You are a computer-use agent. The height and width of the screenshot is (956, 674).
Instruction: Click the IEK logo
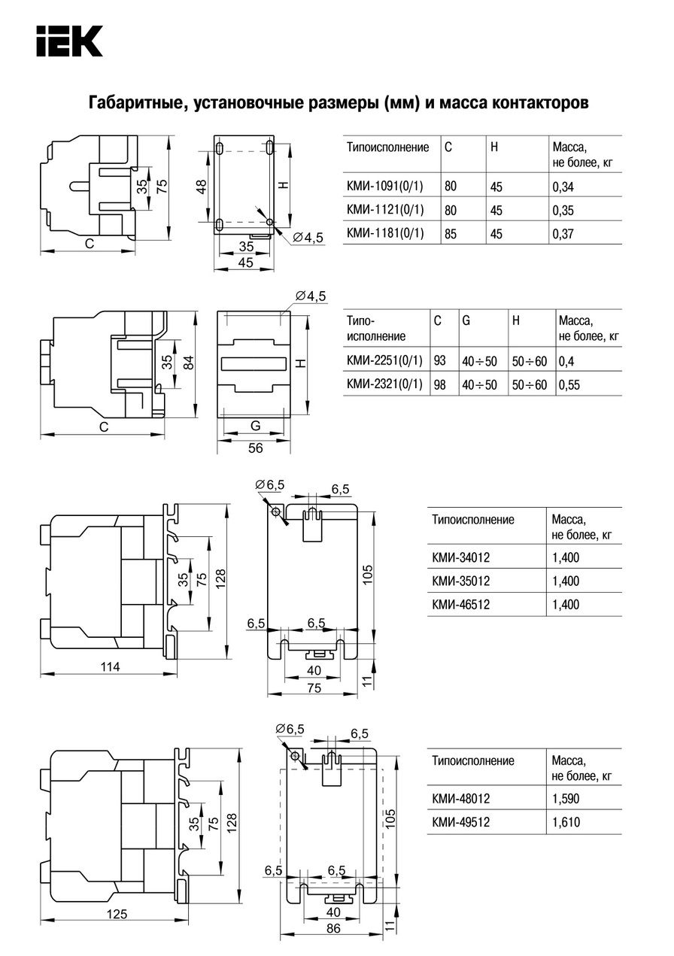[69, 41]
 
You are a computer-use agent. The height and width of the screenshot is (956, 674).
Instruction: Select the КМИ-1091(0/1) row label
[384, 186]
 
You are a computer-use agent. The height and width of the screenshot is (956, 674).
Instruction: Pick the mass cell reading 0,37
[563, 234]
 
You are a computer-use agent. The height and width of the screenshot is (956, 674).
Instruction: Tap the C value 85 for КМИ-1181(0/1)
[451, 234]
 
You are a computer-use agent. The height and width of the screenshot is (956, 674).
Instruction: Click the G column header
[466, 320]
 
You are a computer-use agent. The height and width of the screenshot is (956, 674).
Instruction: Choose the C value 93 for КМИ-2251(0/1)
[439, 360]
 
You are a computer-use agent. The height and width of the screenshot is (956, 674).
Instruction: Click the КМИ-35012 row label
[460, 581]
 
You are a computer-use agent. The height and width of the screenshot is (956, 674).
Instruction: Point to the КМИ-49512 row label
[460, 821]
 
